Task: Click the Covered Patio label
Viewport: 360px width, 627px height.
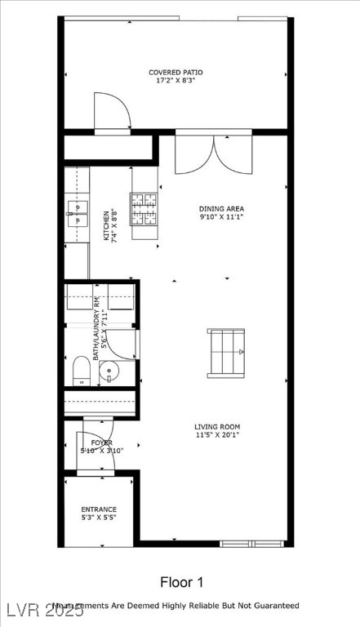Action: point(176,73)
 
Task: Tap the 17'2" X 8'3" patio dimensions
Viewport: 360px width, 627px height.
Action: point(176,81)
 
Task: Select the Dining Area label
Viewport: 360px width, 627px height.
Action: point(221,209)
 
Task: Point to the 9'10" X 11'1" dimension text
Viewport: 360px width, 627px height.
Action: point(221,217)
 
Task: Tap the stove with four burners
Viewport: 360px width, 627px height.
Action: point(144,207)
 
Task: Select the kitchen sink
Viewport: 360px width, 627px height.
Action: point(77,212)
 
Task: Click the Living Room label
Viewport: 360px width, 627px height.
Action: point(217,426)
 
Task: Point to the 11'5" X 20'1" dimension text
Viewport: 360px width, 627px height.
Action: point(217,434)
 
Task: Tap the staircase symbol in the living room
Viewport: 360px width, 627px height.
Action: point(226,353)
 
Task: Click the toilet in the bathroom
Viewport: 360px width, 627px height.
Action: point(82,371)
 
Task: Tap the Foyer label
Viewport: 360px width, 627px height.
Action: point(102,442)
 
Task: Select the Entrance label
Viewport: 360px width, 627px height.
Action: point(99,509)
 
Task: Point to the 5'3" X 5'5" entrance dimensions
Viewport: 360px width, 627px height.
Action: point(99,518)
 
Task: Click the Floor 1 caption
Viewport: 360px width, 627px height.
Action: point(181,582)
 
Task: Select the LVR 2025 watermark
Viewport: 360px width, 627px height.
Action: point(25,610)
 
